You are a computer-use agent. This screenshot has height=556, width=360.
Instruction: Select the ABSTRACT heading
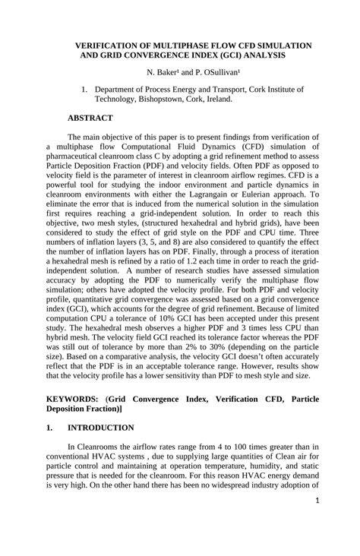(90, 118)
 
